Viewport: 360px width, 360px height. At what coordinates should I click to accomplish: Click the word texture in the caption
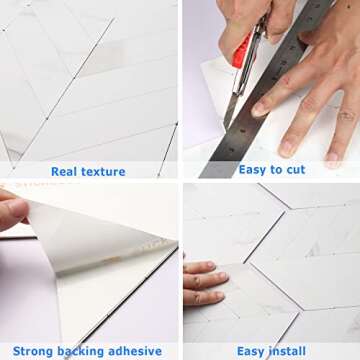pyautogui.click(x=104, y=172)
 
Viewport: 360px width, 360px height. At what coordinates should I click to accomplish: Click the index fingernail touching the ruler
pyautogui.click(x=262, y=106)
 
